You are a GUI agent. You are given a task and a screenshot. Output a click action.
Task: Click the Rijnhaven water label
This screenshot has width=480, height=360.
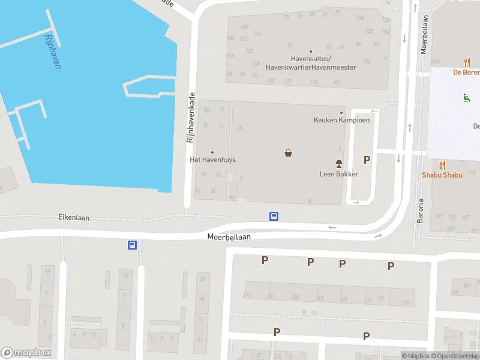52,51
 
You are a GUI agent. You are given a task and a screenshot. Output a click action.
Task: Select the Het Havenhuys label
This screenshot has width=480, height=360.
212,160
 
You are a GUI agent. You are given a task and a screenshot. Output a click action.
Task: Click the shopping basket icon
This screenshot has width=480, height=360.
289,153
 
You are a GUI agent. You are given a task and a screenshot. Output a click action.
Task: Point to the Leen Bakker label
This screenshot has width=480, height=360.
338,174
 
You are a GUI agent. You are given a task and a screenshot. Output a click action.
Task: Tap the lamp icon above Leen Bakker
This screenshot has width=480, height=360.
338,164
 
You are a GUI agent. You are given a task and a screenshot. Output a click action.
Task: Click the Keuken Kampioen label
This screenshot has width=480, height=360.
341,119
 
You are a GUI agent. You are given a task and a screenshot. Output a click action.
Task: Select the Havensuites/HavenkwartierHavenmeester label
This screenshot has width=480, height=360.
311,62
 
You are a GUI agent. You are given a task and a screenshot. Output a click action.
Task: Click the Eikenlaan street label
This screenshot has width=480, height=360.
74,217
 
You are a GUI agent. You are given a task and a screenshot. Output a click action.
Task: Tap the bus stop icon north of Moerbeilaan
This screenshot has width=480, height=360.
274,217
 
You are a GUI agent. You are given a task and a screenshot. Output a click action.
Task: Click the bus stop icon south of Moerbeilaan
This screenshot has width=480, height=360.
131,245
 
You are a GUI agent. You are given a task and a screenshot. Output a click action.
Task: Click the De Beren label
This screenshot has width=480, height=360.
466,71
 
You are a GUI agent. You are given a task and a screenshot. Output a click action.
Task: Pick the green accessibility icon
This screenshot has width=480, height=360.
466,97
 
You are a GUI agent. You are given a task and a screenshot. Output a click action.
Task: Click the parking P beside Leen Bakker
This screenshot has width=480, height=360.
367,160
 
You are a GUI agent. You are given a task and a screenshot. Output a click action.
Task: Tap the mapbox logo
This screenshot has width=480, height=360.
26,353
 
